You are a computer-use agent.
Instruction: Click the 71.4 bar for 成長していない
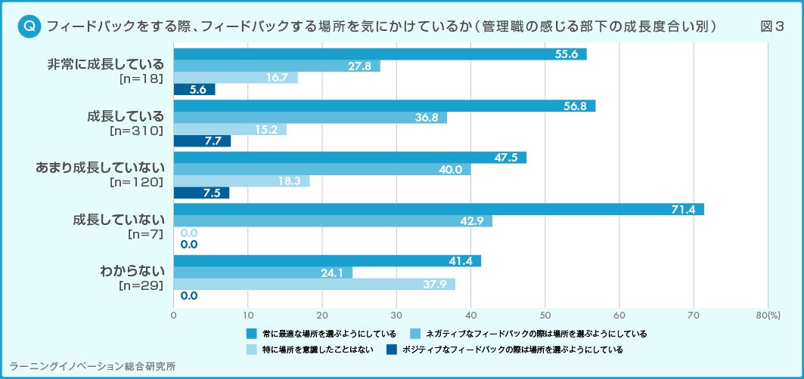point(439,209)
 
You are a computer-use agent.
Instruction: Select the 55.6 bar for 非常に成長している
point(380,54)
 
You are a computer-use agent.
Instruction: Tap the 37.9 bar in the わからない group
point(314,285)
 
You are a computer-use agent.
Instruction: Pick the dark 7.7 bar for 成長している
point(202,141)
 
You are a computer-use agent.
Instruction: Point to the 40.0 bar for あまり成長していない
point(322,169)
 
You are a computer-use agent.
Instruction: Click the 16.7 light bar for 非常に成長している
point(235,78)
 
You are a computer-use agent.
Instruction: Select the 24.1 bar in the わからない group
point(263,273)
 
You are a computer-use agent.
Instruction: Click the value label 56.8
point(576,106)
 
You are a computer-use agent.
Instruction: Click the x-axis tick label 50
point(545,314)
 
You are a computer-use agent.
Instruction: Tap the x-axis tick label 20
point(322,314)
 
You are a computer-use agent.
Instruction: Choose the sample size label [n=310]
point(136,131)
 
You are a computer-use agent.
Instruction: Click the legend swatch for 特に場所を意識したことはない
point(252,350)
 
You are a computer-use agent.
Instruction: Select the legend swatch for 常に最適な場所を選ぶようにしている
point(252,333)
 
